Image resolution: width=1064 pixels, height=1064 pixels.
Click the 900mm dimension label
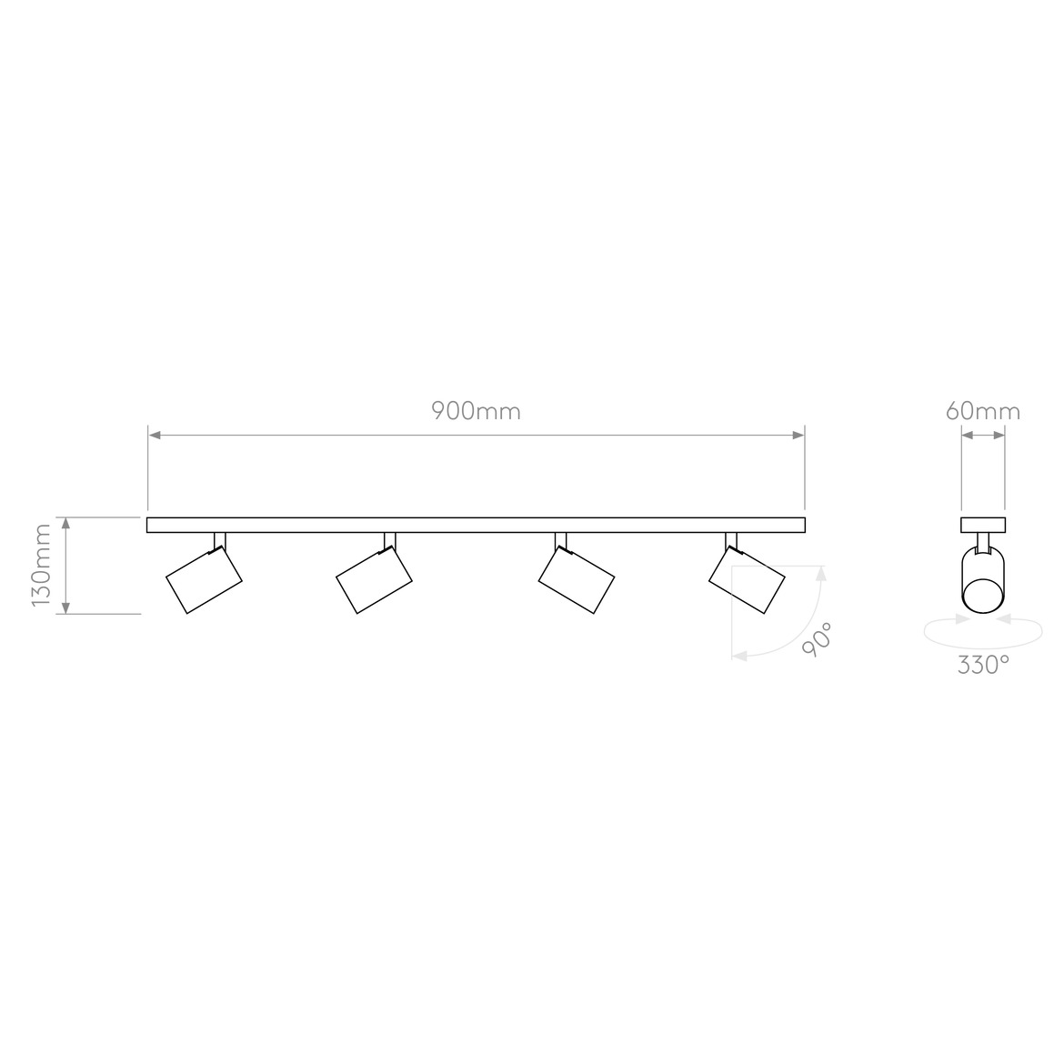pyautogui.click(x=476, y=411)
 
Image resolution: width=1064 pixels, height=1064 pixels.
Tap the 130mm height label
pyautogui.click(x=42, y=566)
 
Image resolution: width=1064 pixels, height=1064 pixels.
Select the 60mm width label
pyautogui.click(x=982, y=411)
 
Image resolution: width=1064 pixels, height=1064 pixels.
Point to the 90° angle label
pyautogui.click(x=817, y=639)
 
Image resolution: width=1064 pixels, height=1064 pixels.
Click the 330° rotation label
pyautogui.click(x=982, y=665)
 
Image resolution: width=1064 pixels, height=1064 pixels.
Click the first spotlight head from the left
pyautogui.click(x=204, y=581)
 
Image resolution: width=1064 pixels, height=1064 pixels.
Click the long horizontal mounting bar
pyautogui.click(x=476, y=525)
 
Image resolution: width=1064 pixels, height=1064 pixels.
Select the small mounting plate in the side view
pyautogui.click(x=983, y=525)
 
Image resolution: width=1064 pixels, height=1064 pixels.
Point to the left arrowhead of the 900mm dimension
pyautogui.click(x=155, y=436)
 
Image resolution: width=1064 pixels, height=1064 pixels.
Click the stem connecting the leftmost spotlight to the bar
pyautogui.click(x=219, y=540)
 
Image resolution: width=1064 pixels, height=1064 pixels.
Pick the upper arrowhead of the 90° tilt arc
pyautogui.click(x=822, y=573)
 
